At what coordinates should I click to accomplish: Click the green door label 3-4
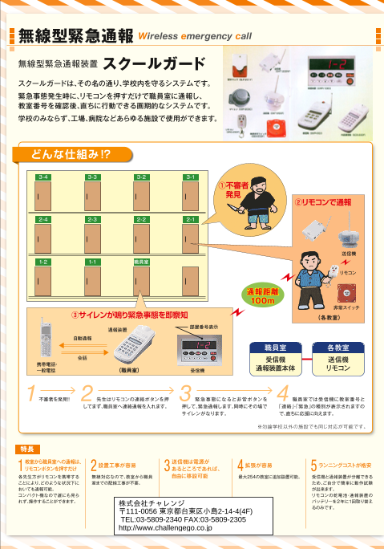[44, 177]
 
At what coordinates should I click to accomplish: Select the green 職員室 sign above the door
[141, 262]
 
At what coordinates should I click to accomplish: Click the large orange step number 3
[185, 394]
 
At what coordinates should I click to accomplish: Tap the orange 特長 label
[27, 449]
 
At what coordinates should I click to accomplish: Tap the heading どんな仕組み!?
[71, 152]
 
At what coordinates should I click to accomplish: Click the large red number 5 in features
[313, 466]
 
